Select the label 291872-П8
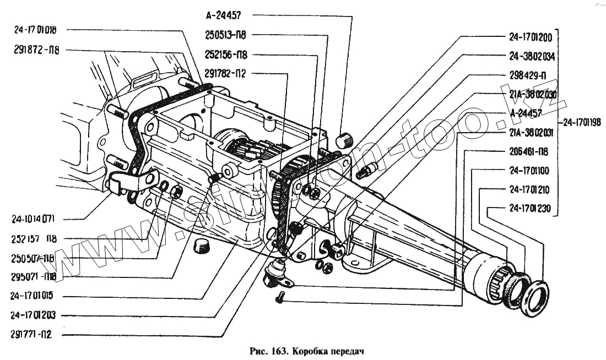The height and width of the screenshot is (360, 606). click(x=37, y=50)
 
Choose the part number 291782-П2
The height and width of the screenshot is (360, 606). click(x=225, y=73)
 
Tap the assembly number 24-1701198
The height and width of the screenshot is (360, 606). click(x=583, y=122)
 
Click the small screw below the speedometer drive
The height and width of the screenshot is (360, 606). click(x=279, y=298)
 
